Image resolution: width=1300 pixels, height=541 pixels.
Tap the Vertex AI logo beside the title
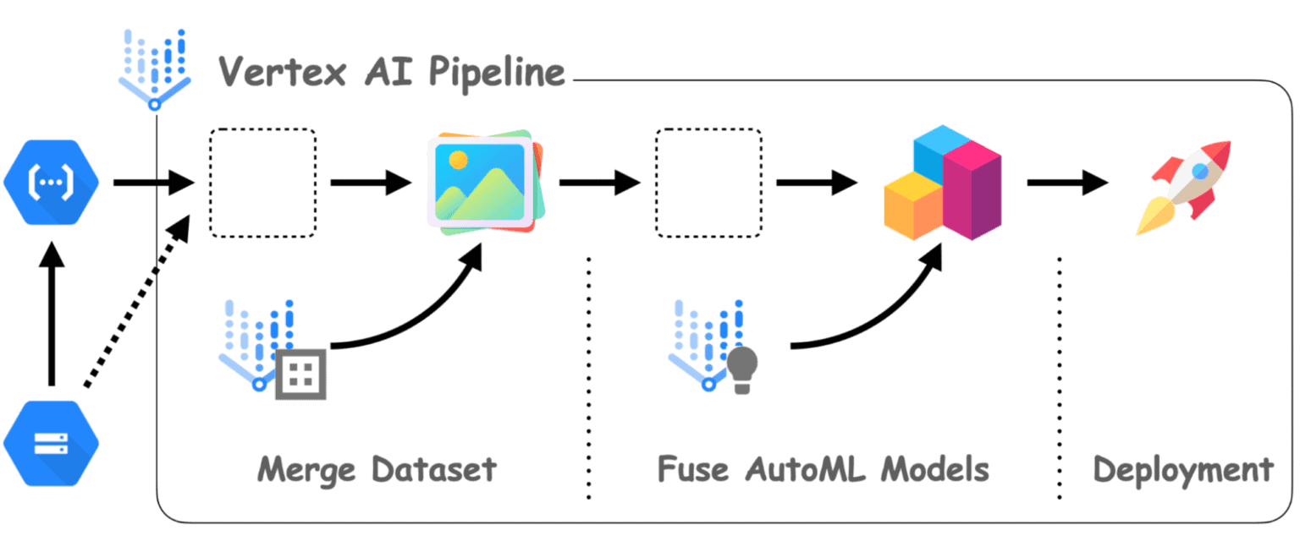coord(154,68)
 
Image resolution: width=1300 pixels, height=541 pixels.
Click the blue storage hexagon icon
coord(51,442)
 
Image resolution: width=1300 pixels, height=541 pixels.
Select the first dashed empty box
coord(262,183)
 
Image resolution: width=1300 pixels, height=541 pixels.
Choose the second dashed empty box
coord(708,183)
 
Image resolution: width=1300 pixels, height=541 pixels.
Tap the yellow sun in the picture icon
coord(458,159)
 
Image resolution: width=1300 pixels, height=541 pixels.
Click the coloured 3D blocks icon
coord(942,183)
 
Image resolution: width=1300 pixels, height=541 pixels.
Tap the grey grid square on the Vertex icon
coord(300,373)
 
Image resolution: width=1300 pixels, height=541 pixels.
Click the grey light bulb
coord(742,368)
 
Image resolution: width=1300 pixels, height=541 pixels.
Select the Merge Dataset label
coord(376,469)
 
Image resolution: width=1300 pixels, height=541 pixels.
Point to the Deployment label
coord(1182,469)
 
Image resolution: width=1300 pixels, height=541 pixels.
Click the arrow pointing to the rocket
coord(1067,182)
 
